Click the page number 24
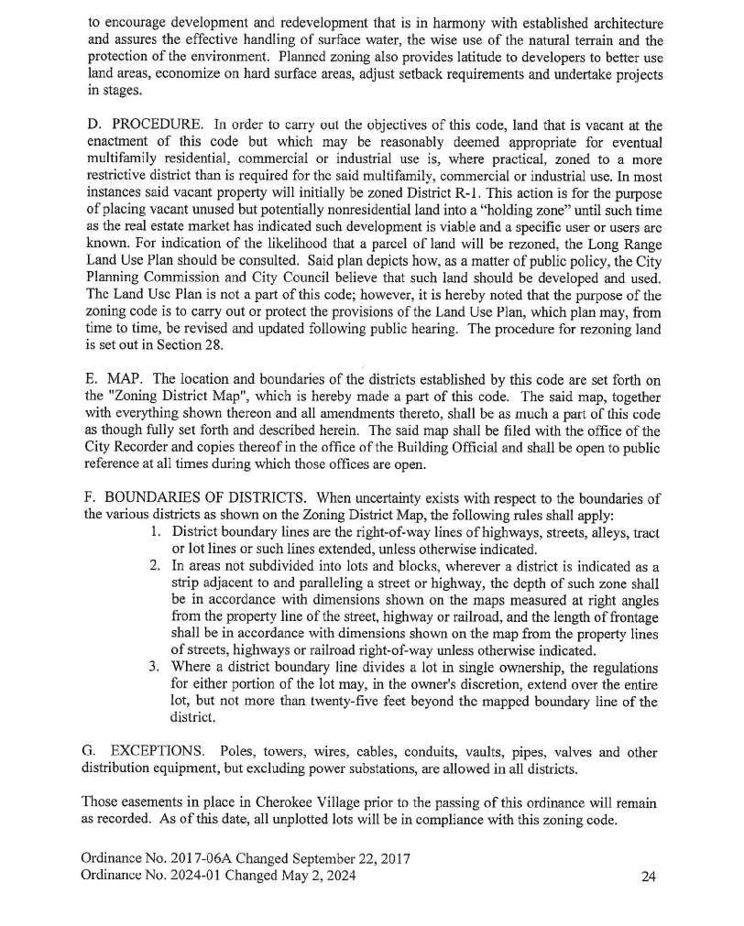pos(648,877)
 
